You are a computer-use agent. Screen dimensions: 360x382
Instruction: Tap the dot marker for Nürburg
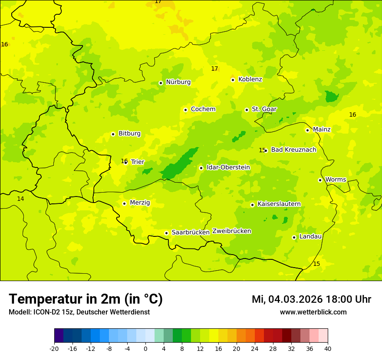point(161,83)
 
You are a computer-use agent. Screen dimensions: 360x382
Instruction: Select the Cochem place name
point(203,109)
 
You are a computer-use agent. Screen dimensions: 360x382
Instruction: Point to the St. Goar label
point(264,109)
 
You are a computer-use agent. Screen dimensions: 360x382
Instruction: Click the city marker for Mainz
point(307,130)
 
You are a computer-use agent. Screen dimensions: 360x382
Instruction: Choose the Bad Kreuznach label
point(293,150)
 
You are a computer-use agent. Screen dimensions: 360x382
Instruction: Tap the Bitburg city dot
point(113,134)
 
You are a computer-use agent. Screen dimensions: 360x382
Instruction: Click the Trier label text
point(138,162)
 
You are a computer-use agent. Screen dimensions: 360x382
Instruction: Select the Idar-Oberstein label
point(228,167)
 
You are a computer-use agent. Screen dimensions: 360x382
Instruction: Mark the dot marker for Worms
point(320,180)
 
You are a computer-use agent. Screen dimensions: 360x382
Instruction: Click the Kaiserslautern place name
point(279,204)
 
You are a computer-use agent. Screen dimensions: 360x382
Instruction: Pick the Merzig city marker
point(124,203)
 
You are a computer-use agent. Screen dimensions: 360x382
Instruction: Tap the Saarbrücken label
point(191,232)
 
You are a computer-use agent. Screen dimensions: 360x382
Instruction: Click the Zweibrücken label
point(231,231)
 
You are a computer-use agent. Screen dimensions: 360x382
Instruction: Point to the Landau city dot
point(294,237)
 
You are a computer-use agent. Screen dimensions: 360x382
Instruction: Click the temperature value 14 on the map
point(20,199)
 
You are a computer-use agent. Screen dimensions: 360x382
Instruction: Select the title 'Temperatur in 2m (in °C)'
point(86,299)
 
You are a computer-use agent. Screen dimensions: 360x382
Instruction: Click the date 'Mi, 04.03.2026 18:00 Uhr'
point(311,299)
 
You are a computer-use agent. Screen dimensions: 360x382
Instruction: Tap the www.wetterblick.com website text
point(313,312)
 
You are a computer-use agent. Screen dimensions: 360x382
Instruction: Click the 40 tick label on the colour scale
point(328,348)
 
